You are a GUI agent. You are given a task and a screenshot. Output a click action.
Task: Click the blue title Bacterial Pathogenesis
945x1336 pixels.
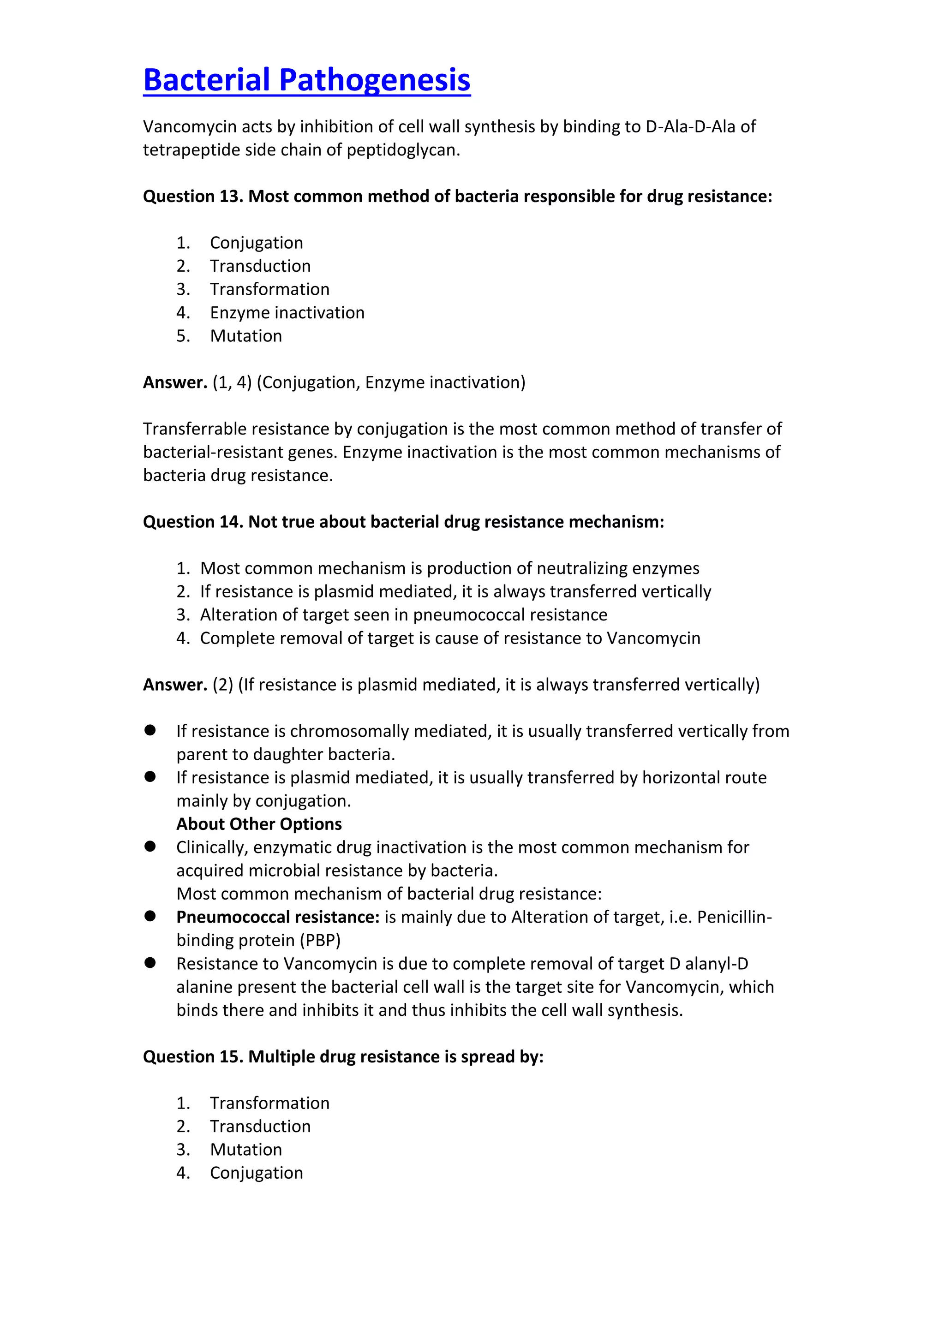[x=307, y=80]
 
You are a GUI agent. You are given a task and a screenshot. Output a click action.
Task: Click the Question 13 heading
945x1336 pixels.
[x=457, y=196]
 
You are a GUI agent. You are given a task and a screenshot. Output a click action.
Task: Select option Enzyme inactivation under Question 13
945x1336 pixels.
[x=287, y=312]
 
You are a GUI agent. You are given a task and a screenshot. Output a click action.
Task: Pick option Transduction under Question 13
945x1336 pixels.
[x=260, y=266]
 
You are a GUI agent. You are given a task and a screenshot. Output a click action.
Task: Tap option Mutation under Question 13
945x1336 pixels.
[x=245, y=336]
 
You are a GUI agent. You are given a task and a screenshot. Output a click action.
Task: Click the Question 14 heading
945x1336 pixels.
[x=403, y=521]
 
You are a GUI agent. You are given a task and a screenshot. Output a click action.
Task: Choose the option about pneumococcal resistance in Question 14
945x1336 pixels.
[x=403, y=614]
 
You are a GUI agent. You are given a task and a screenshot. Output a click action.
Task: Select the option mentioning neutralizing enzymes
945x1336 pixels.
[x=449, y=568]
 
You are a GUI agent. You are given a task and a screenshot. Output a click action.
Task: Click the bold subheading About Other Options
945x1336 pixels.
[x=259, y=824]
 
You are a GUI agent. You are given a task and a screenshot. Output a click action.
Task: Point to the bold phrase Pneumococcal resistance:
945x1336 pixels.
[x=278, y=917]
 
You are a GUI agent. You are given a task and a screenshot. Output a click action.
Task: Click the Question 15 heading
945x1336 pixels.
[x=343, y=1057]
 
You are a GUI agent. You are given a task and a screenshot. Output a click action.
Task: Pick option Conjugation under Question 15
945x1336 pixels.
[x=256, y=1173]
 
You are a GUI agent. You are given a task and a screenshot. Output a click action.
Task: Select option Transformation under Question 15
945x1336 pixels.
[x=269, y=1103]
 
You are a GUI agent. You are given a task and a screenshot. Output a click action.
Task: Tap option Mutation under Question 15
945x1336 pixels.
[x=245, y=1149]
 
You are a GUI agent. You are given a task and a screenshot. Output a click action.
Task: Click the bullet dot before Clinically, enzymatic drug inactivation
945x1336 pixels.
[x=150, y=846]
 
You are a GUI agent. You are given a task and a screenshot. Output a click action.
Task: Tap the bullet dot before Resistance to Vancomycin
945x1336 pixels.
[x=150, y=962]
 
